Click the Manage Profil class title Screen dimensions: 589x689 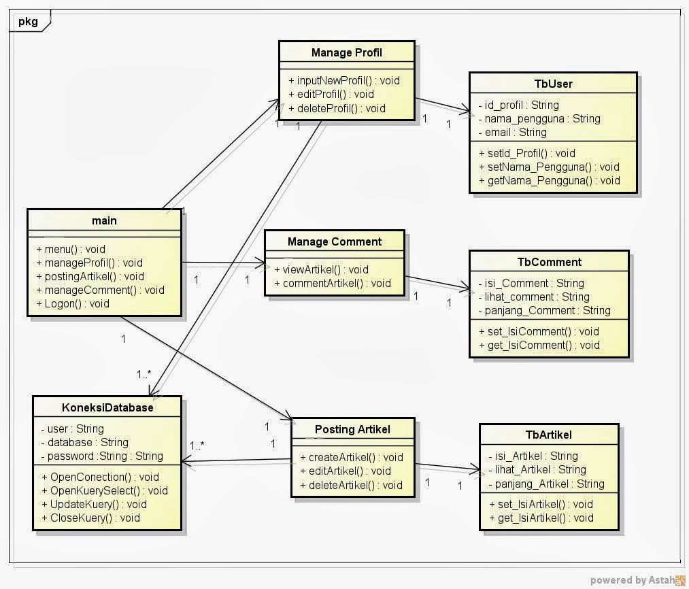click(346, 52)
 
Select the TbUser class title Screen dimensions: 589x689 click(553, 84)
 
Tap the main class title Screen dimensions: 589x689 click(104, 220)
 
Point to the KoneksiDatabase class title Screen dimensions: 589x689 click(107, 408)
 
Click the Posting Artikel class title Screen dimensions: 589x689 click(353, 429)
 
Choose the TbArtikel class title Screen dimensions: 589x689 click(548, 435)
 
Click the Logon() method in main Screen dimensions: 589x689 click(72, 303)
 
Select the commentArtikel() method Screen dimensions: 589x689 click(333, 283)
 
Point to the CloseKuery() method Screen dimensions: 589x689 click(90, 518)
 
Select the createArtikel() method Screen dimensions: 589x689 click(351, 457)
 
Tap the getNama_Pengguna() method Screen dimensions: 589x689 click(549, 180)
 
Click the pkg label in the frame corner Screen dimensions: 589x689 click(28, 21)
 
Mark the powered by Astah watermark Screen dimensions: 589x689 click(637, 579)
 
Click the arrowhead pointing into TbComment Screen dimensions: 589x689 click(465, 290)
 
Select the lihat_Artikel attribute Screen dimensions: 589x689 click(537, 469)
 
